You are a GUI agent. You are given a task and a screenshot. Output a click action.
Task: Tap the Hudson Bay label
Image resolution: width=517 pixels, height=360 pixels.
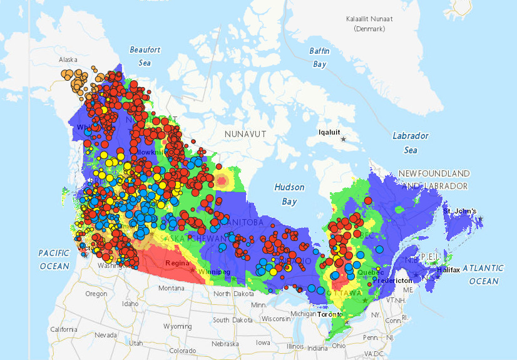289,194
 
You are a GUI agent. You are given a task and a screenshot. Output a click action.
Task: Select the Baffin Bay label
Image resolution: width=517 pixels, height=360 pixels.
319,57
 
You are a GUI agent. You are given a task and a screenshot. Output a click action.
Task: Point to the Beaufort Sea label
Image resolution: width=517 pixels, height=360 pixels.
145,56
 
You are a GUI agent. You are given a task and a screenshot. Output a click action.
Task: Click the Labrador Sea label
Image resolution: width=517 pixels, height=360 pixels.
410,143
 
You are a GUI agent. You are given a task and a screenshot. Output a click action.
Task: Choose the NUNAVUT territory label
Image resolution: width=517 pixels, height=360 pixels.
246,134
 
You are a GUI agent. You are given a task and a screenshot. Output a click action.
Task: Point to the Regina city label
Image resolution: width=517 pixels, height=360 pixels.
177,263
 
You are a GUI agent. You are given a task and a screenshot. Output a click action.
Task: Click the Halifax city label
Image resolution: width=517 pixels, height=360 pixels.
448,270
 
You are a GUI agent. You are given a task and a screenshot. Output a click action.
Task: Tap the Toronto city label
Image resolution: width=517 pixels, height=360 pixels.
330,314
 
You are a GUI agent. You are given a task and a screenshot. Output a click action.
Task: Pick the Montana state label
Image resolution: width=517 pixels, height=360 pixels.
171,288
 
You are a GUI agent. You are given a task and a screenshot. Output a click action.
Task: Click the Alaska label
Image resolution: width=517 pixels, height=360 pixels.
68,60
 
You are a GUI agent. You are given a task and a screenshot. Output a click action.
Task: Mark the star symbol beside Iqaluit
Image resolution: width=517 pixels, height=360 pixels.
342,139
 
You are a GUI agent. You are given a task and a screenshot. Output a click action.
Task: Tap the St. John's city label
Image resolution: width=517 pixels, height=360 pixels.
460,211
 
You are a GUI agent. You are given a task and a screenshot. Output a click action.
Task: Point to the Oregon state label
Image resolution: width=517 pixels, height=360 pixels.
96,294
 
